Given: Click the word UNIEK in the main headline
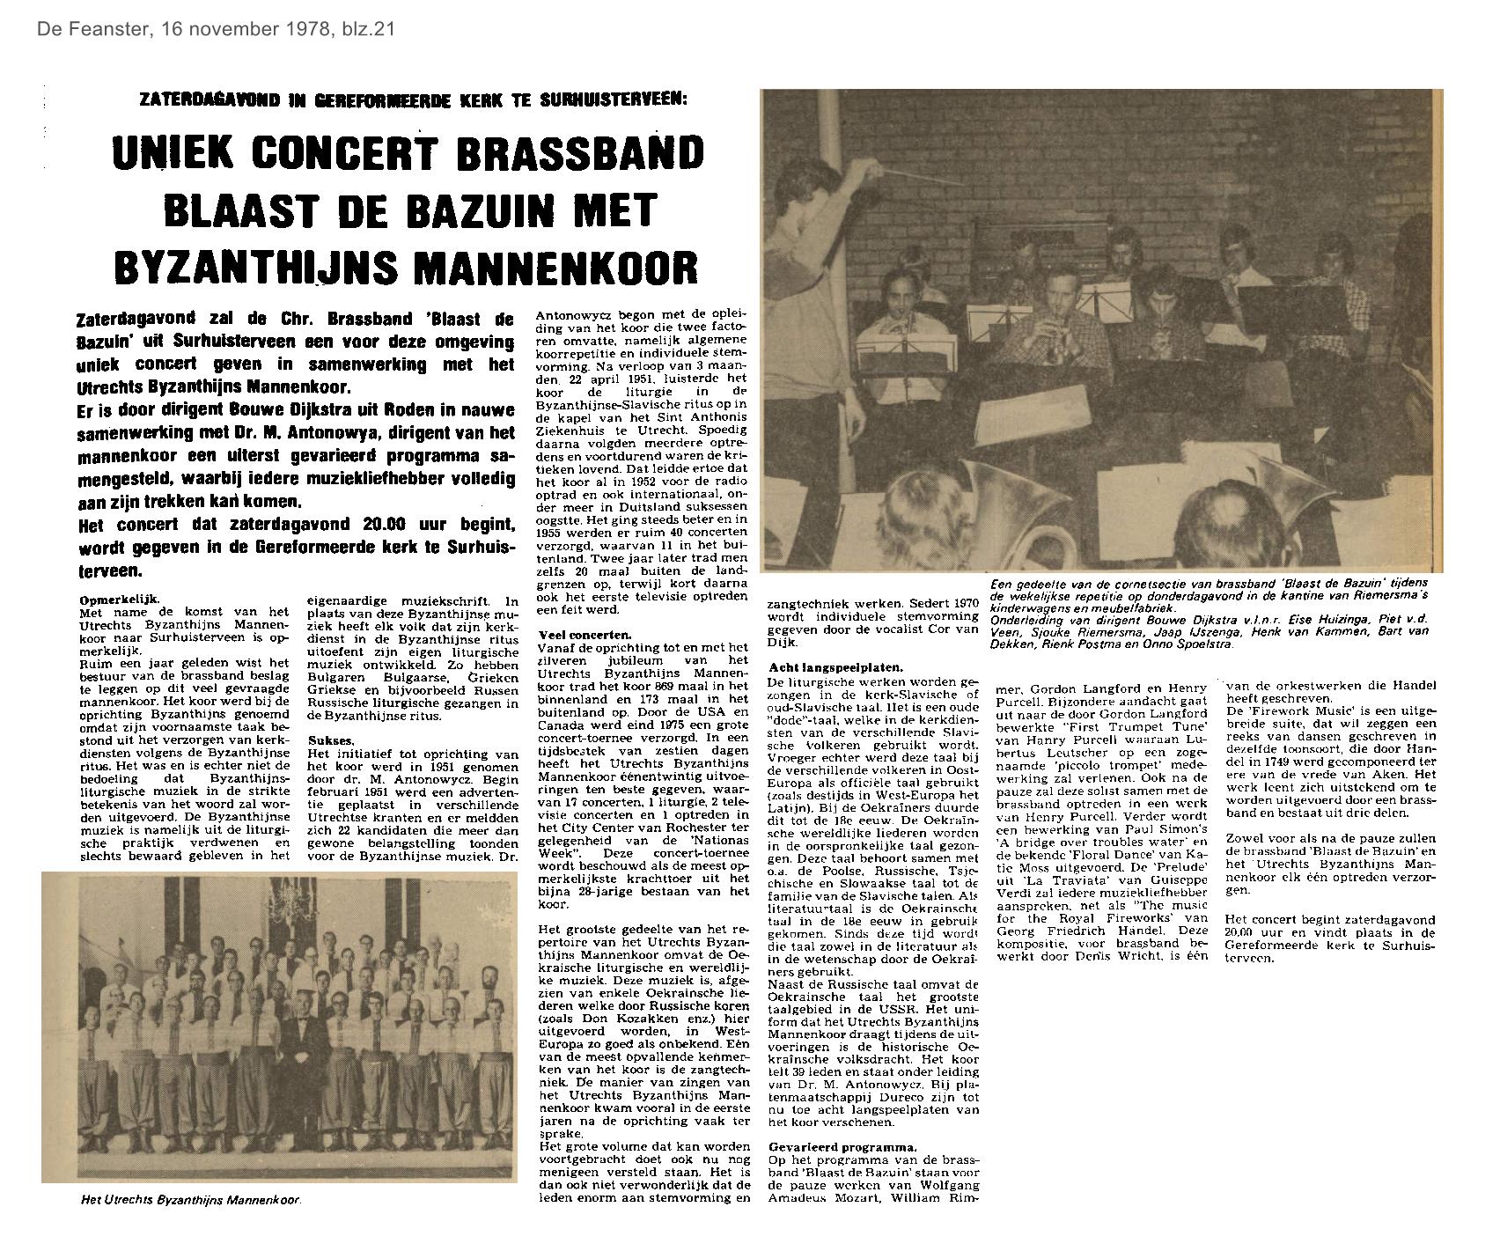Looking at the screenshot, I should click(x=173, y=154).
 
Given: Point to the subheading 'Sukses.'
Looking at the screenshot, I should click(x=332, y=741).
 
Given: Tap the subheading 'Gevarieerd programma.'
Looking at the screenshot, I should click(x=842, y=1146).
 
